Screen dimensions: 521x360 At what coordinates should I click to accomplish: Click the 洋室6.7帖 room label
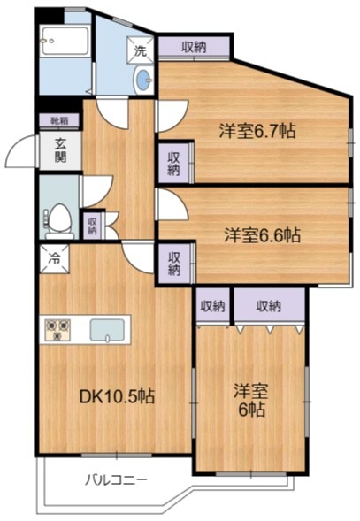(x=257, y=132)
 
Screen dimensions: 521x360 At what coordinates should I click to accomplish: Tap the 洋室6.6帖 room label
(x=261, y=235)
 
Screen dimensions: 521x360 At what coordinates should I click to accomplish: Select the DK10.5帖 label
(x=118, y=396)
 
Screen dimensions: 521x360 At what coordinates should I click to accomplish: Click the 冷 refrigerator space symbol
(x=54, y=260)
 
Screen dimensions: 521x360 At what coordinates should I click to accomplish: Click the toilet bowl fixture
(x=60, y=216)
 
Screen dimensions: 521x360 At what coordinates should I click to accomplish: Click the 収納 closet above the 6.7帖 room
(x=195, y=46)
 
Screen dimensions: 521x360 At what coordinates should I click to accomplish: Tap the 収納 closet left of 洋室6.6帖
(x=174, y=263)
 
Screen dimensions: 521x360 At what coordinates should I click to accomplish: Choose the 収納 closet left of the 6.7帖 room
(x=173, y=163)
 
